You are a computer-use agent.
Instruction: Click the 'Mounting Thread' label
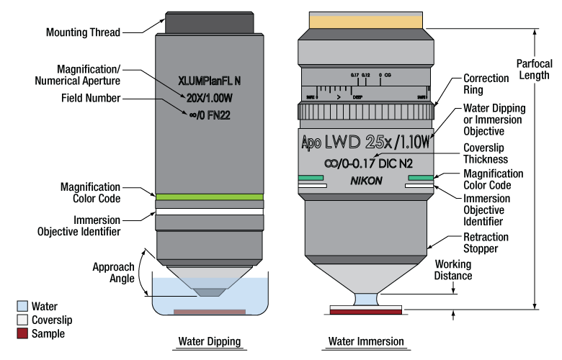click(x=82, y=32)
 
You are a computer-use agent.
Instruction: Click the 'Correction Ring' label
click(x=486, y=84)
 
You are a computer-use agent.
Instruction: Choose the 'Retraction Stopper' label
click(x=485, y=243)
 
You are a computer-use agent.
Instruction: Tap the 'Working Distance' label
click(x=451, y=271)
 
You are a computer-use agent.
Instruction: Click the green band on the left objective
click(x=210, y=197)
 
